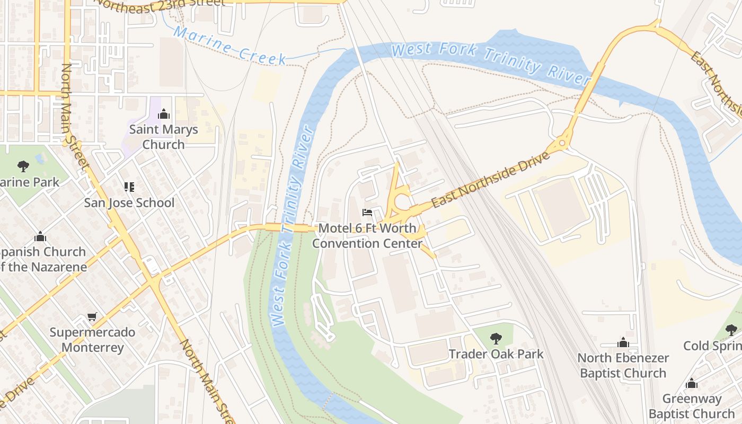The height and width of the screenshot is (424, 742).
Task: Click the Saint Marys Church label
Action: tap(163, 137)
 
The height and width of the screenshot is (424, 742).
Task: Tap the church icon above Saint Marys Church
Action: tap(164, 114)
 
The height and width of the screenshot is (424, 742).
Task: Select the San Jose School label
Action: tap(129, 202)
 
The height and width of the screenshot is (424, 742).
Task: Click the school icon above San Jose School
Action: tap(129, 187)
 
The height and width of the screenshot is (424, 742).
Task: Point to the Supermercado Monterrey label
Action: tap(93, 340)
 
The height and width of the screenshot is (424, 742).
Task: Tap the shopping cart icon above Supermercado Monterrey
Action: tap(92, 317)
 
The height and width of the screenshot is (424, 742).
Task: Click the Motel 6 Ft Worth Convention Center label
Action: tap(367, 236)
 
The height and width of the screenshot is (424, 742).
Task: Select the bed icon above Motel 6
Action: tap(367, 213)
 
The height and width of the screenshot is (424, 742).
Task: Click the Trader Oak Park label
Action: tap(496, 354)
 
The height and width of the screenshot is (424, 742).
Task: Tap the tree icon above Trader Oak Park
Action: tap(496, 338)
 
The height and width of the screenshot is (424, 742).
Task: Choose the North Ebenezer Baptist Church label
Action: tap(623, 365)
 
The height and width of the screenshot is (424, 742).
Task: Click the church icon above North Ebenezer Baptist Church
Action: tap(623, 342)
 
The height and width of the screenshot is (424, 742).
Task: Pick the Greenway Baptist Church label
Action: tap(692, 406)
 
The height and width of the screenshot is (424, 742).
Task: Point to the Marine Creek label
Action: tap(230, 46)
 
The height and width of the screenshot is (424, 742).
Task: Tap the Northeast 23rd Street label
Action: tap(159, 5)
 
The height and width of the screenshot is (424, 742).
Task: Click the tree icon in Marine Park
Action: tap(23, 166)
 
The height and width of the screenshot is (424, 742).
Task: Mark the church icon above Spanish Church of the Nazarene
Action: tap(40, 236)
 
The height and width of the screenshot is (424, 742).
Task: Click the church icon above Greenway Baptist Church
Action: tap(691, 383)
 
